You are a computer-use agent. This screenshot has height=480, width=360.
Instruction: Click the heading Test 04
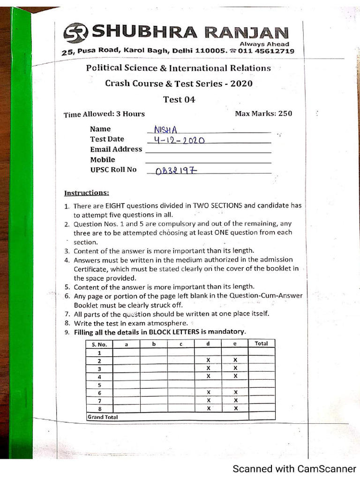click(x=179, y=99)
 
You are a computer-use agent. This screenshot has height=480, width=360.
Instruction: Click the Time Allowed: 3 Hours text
click(x=104, y=114)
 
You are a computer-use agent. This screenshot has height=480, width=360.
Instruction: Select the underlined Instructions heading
click(x=87, y=193)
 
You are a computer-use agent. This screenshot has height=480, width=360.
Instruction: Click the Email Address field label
click(x=116, y=149)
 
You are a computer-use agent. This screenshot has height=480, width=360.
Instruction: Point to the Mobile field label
click(x=102, y=159)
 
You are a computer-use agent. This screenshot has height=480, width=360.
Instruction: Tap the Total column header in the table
click(x=261, y=344)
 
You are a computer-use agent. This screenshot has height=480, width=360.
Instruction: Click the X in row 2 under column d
click(x=208, y=360)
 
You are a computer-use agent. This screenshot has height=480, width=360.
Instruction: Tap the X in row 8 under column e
click(x=235, y=408)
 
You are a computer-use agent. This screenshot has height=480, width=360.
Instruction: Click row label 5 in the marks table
click(x=99, y=384)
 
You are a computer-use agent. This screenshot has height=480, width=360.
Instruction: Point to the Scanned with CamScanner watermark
click(x=294, y=469)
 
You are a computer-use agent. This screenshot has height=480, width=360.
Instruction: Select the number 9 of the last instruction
click(x=67, y=332)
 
